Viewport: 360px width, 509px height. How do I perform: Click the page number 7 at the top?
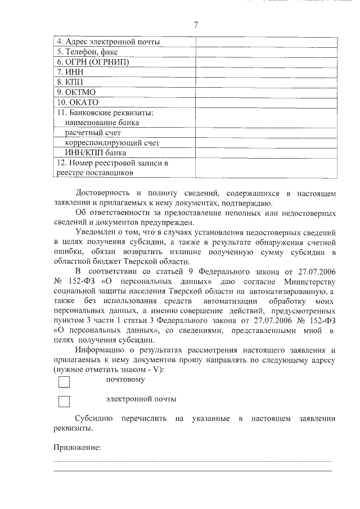196,24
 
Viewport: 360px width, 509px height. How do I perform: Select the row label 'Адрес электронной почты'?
109,42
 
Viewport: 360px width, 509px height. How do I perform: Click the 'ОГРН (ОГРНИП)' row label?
93,62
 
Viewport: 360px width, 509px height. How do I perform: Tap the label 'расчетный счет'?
93,132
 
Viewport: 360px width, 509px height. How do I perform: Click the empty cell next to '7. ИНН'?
266,72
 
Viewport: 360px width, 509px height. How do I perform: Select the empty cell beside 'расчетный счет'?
266,132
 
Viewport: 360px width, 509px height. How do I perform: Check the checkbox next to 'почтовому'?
64,382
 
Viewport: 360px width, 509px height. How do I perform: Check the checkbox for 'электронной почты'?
64,402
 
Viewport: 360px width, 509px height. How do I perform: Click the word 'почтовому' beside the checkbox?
125,380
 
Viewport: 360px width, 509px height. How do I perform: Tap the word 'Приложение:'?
77,448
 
